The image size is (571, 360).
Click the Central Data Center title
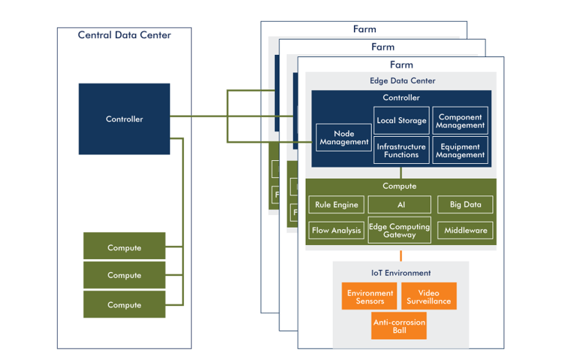(124, 35)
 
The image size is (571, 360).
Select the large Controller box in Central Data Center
(124, 119)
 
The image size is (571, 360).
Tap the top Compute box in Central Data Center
(124, 247)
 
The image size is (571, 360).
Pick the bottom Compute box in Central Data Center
(124, 304)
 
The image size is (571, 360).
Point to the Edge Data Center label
(402, 80)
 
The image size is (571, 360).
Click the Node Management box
(343, 138)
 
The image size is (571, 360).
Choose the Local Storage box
(401, 120)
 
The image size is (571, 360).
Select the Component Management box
(460, 121)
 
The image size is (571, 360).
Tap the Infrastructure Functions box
(401, 150)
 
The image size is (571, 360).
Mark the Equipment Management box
(460, 150)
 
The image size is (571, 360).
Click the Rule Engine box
(336, 204)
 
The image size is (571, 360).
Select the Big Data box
(465, 204)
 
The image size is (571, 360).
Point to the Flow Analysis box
(336, 230)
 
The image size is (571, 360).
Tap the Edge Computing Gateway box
(399, 231)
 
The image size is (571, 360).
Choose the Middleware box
(465, 230)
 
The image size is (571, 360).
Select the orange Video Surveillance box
(428, 296)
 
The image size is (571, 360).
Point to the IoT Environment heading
(400, 273)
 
